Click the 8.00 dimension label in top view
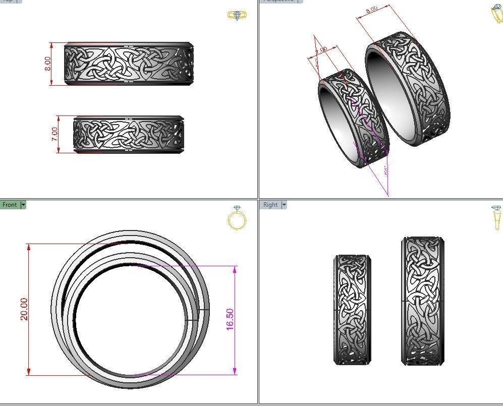pos(48,64)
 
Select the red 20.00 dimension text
pos(24,309)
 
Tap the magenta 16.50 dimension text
pos(230,320)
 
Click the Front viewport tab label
pos(10,205)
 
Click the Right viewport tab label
pos(270,205)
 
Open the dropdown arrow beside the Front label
pos(23,205)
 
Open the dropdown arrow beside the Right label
pos(284,205)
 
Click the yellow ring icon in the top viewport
pos(237,15)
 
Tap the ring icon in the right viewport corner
pos(497,218)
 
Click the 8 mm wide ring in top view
pos(129,64)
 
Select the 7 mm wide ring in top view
pos(129,135)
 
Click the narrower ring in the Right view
pos(352,309)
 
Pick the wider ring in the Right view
pos(423,301)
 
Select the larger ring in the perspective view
pos(409,91)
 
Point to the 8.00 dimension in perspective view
pos(372,10)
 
